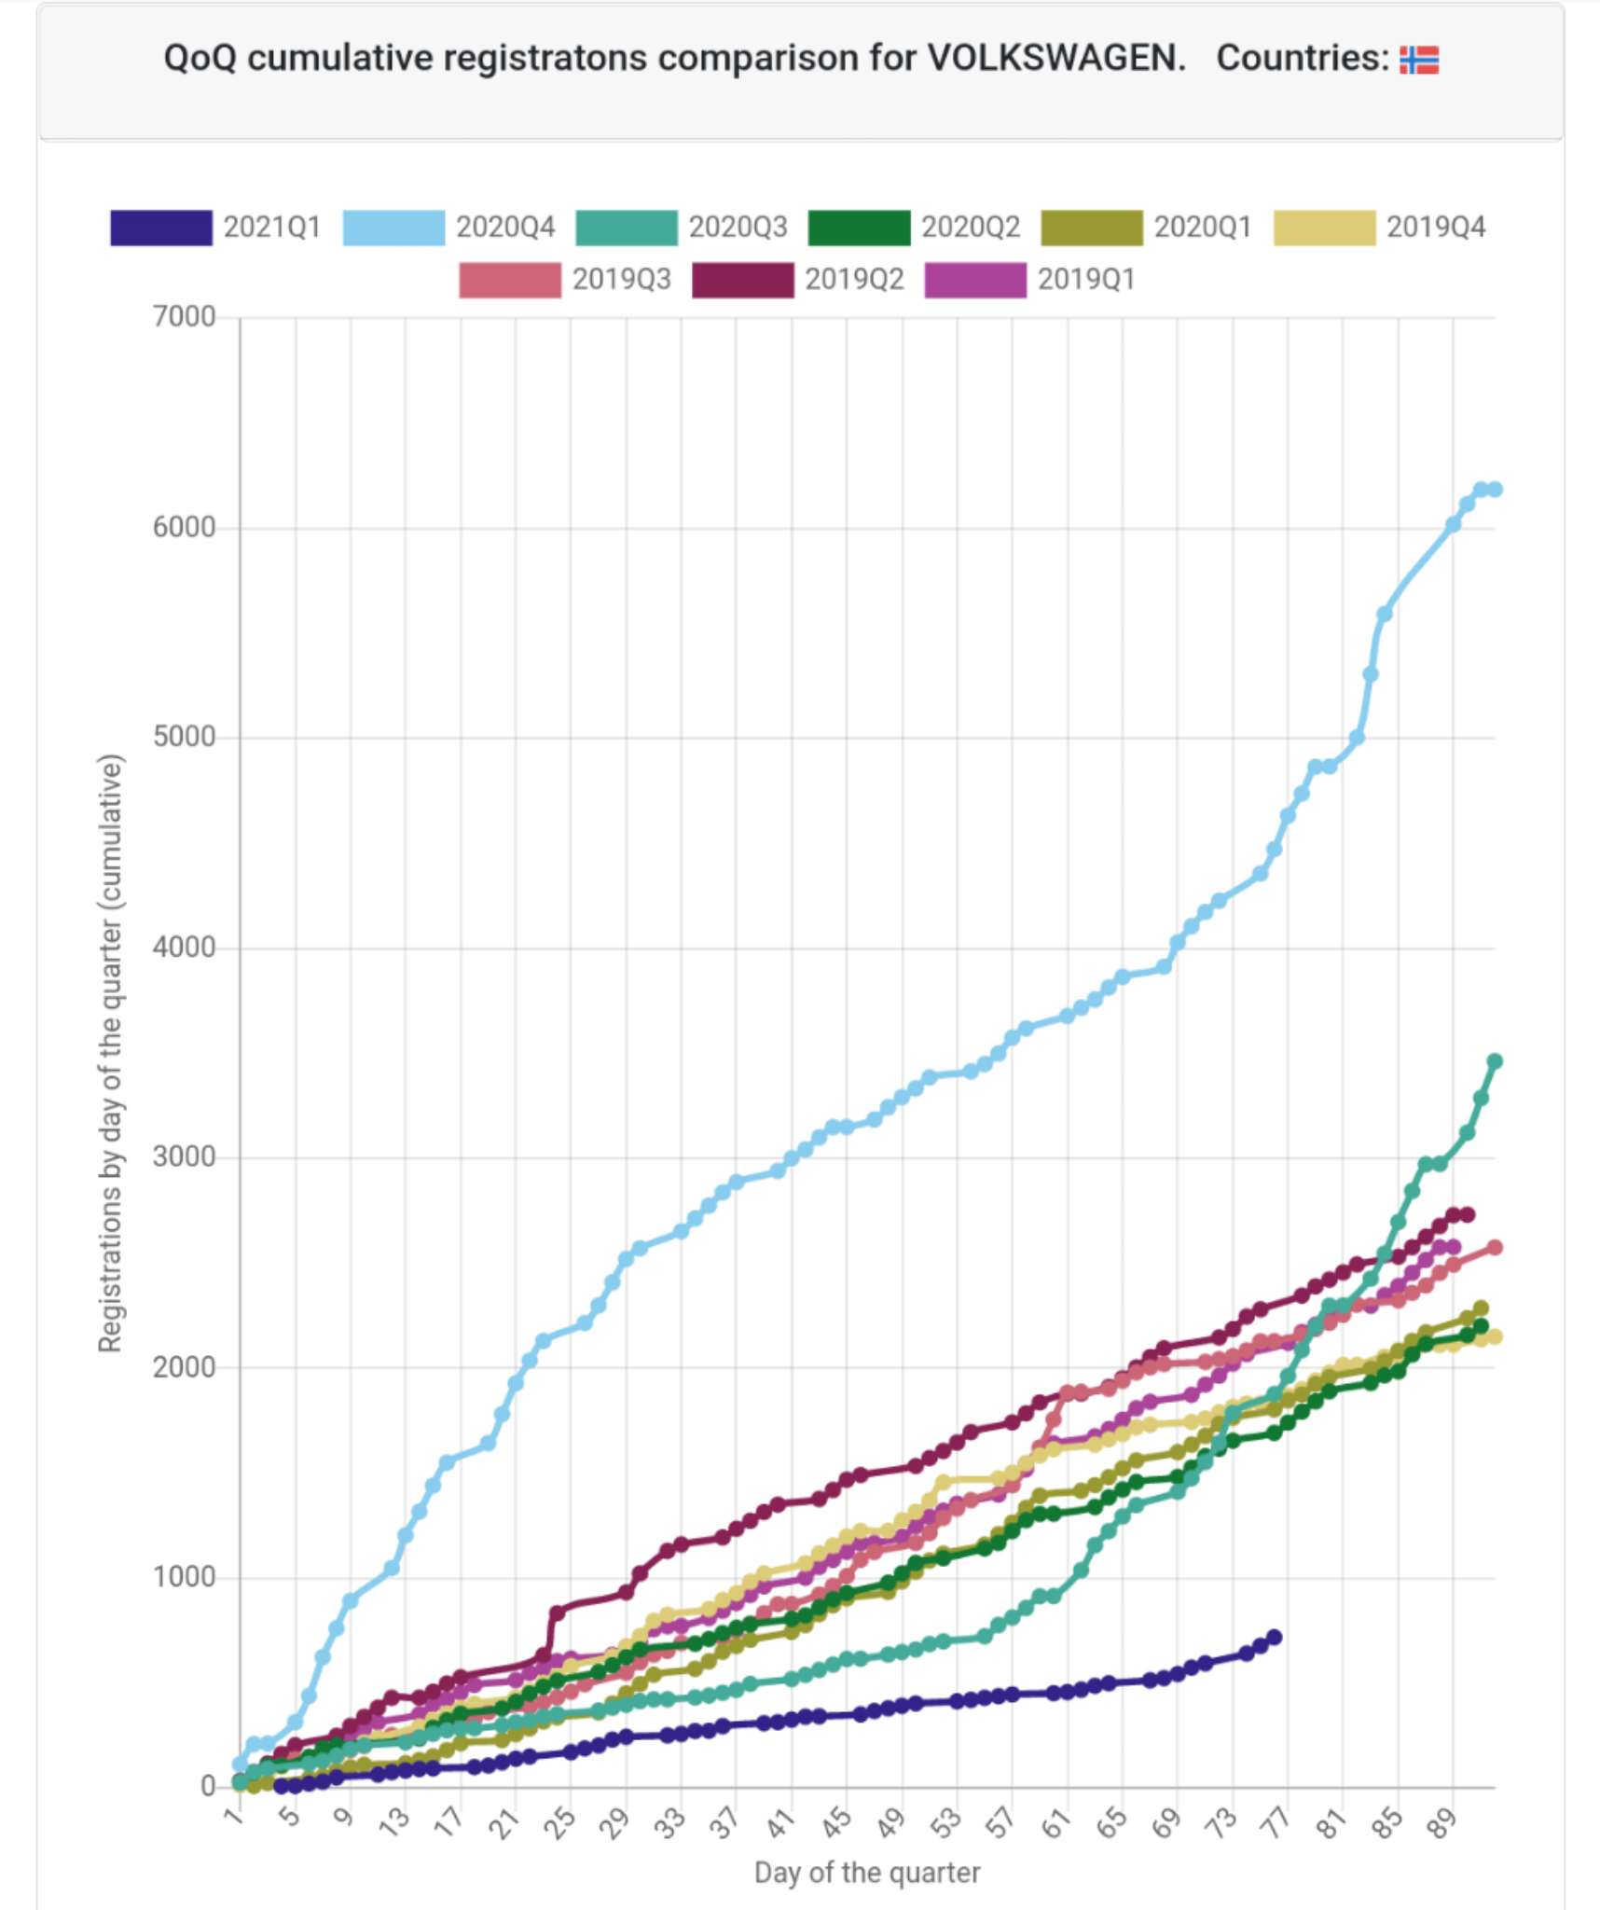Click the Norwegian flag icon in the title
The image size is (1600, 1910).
(1418, 60)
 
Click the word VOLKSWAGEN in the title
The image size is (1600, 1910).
(1055, 58)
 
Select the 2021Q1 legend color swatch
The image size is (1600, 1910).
(160, 228)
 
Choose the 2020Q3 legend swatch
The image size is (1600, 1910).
(626, 228)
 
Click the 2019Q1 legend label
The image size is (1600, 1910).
(1086, 280)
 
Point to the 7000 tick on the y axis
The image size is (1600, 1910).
(184, 317)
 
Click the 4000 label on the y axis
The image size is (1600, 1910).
(184, 948)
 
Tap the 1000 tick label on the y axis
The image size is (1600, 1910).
(184, 1577)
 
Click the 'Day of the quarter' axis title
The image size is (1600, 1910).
(867, 1873)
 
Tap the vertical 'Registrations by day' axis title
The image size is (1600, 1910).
(110, 1053)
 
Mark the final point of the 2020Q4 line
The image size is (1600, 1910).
(1495, 490)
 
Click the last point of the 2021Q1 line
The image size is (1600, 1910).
(1275, 1638)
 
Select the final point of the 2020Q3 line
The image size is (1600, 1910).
(1495, 1061)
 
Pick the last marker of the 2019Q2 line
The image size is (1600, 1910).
(1468, 1214)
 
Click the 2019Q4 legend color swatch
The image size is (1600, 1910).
(1324, 228)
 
